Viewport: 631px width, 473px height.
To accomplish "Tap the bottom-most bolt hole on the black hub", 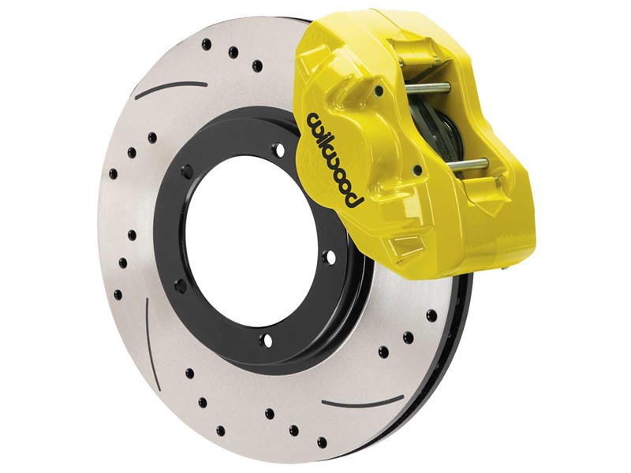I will tap(263, 340).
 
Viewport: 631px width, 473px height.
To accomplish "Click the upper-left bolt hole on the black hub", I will tap(188, 169).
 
